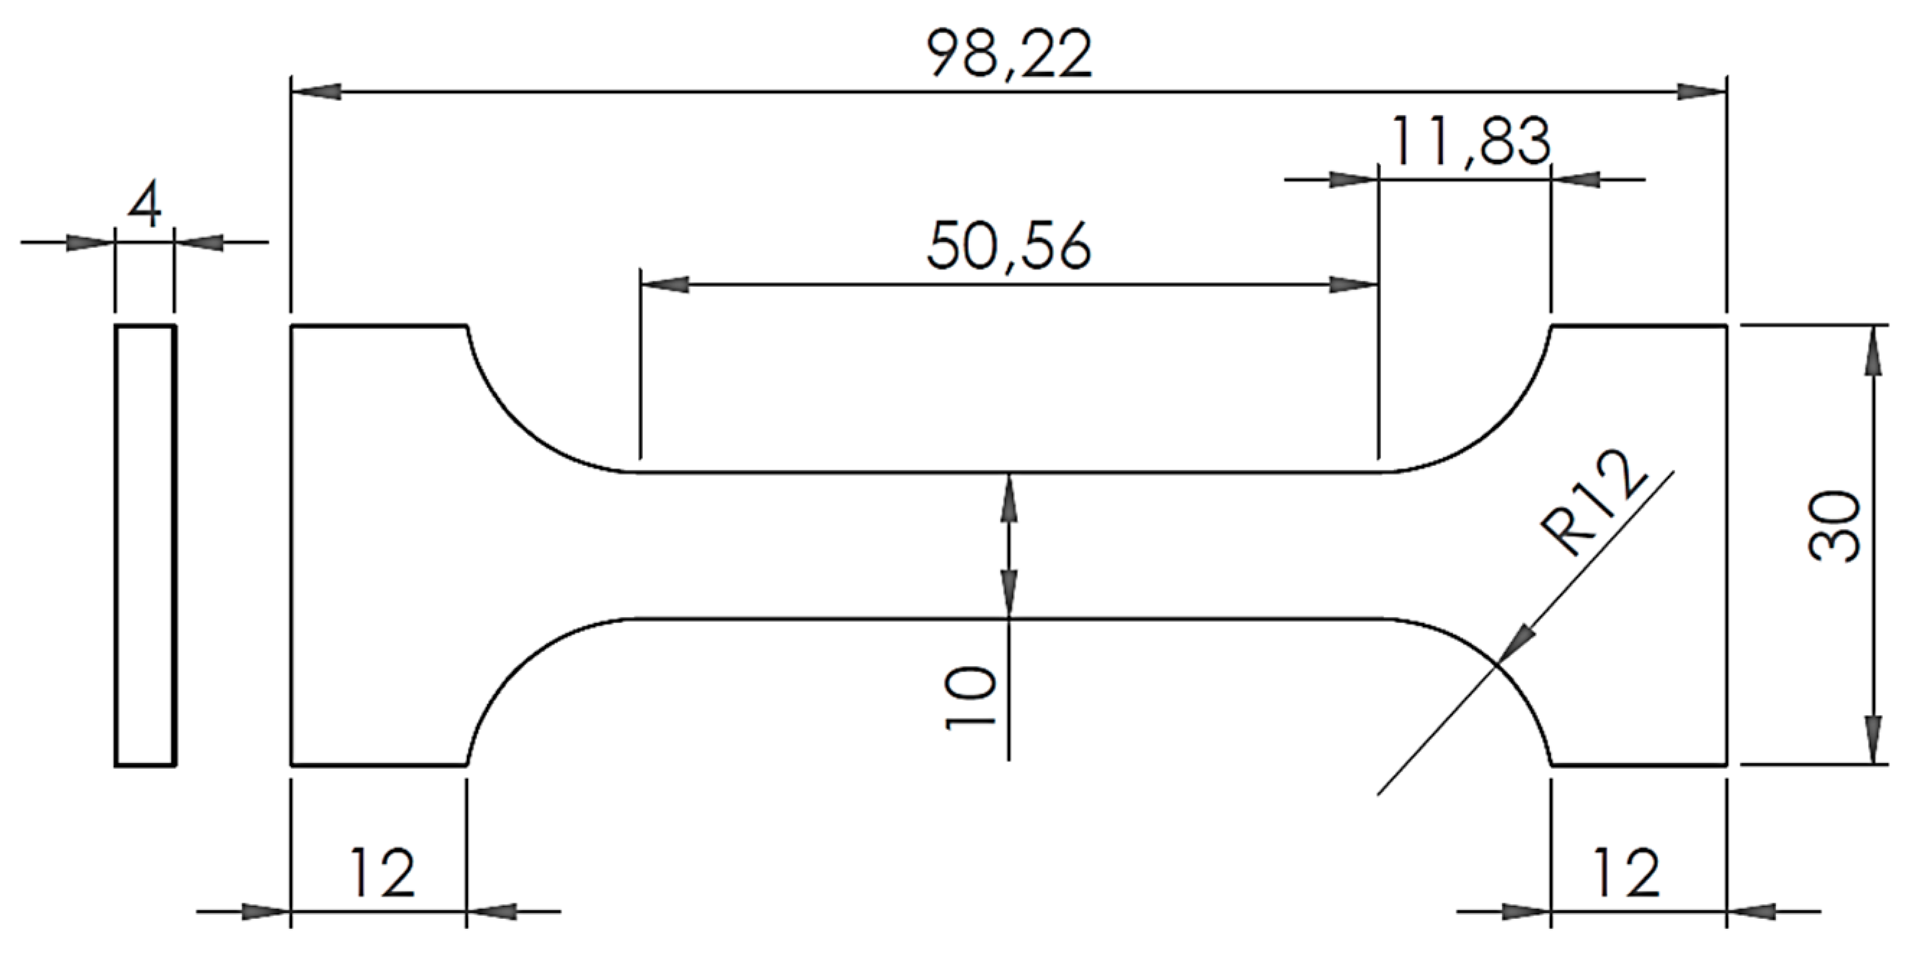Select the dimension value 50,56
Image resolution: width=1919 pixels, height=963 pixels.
pos(1009,247)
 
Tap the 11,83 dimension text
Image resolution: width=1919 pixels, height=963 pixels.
pos(1470,142)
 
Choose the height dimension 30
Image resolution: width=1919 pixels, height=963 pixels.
pos(1834,526)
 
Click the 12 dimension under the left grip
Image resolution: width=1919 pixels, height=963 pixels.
pos(382,872)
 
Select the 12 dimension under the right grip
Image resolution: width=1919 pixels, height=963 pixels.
pos(1626,872)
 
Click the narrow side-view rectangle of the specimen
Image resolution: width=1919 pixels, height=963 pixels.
pos(146,545)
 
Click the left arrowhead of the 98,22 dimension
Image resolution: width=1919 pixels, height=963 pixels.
pos(316,92)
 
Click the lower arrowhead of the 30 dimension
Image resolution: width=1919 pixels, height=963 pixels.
pos(1872,739)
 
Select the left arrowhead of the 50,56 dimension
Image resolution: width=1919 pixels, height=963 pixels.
pos(665,284)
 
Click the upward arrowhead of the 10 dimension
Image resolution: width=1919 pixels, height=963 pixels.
pos(1009,498)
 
